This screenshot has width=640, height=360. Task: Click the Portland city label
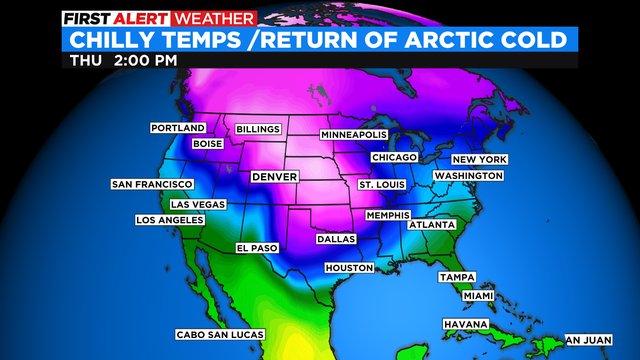178,128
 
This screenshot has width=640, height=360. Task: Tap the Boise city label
207,144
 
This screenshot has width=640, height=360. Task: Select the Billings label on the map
259,129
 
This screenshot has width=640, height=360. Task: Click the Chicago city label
393,158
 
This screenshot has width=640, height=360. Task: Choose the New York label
480,160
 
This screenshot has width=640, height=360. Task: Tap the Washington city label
467,176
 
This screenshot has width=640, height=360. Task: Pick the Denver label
274,177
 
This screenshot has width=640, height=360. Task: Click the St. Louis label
381,185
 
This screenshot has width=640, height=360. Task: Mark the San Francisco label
152,185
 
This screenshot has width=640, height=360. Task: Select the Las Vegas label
198,204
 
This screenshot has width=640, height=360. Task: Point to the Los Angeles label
170,220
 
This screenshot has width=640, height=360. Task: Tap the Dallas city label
336,240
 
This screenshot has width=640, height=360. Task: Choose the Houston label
349,268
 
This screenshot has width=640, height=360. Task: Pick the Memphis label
389,215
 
